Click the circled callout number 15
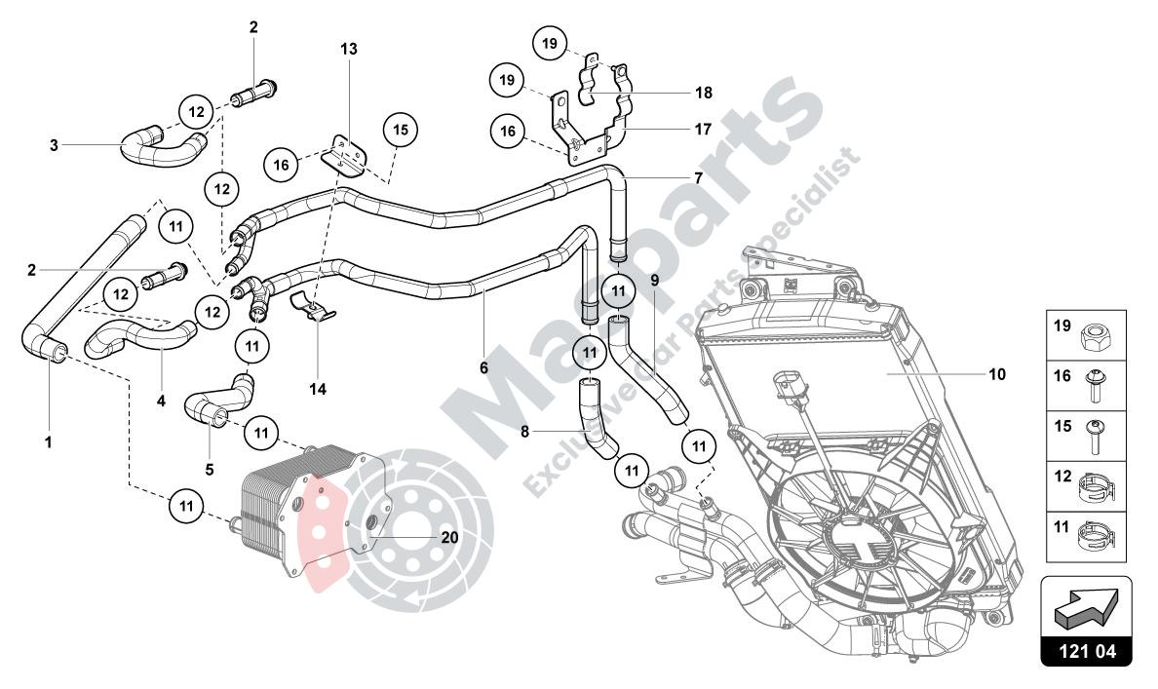click(401, 130)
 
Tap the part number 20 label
click(449, 537)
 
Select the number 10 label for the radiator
click(997, 374)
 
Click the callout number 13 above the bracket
click(349, 49)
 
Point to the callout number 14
click(318, 389)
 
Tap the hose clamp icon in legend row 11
click(1098, 535)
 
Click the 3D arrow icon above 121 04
click(1086, 602)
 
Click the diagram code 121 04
click(1086, 651)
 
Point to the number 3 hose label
click(54, 145)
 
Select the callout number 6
click(483, 367)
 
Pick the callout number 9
click(654, 280)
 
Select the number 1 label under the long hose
click(49, 442)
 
